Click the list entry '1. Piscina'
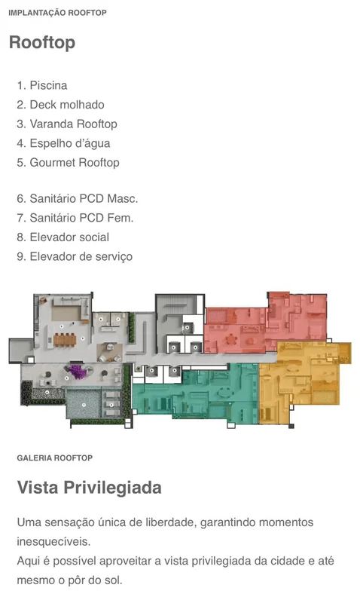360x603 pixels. coord(42,85)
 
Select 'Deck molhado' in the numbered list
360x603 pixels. coord(60,105)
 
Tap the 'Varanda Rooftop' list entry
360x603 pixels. coord(67,124)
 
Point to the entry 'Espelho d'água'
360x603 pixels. coord(63,143)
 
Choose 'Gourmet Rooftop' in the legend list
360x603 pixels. coord(68,163)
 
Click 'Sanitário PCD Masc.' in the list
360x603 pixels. coord(78,198)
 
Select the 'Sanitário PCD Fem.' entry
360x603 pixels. coord(75,218)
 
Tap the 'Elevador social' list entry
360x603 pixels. coord(63,237)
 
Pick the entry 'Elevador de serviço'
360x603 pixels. coord(75,256)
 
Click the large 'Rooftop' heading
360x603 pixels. coord(42,42)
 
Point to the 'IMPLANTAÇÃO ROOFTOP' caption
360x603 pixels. coord(58,13)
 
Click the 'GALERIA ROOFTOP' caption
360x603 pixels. coord(54,458)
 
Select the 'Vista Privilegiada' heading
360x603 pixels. coord(89,487)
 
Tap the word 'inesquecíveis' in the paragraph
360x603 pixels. coord(52,541)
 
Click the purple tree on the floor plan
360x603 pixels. coord(78,372)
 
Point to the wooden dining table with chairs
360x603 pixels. coord(65,340)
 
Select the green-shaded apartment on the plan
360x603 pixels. coord(196,394)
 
